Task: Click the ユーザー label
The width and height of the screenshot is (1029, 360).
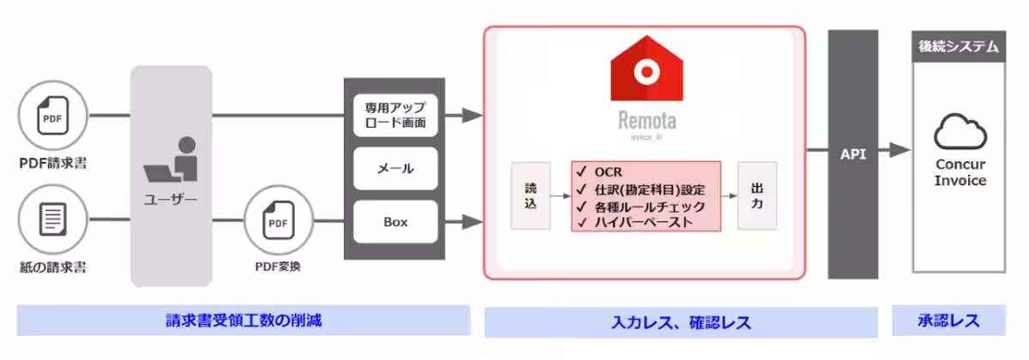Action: coord(171,201)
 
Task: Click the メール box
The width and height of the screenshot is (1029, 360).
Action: coord(396,169)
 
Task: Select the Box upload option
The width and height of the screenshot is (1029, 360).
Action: coord(396,222)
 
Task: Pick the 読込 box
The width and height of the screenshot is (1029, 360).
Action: coord(530,195)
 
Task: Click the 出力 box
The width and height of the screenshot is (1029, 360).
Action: coord(756,195)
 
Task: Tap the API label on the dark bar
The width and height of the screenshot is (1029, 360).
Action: coord(853,154)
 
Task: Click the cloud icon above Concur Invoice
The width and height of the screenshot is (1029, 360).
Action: coord(960,133)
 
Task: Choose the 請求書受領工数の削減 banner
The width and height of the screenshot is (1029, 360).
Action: coord(244,321)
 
